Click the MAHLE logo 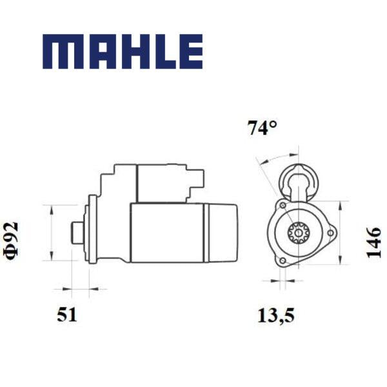pos(123,52)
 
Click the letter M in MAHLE pos(59,52)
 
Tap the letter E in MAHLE pos(191,52)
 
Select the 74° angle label pos(262,128)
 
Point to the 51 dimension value pos(67,315)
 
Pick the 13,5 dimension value pos(276,315)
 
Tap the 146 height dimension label pos(373,243)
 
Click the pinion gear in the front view pos(299,233)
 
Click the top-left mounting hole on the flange pos(283,205)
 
